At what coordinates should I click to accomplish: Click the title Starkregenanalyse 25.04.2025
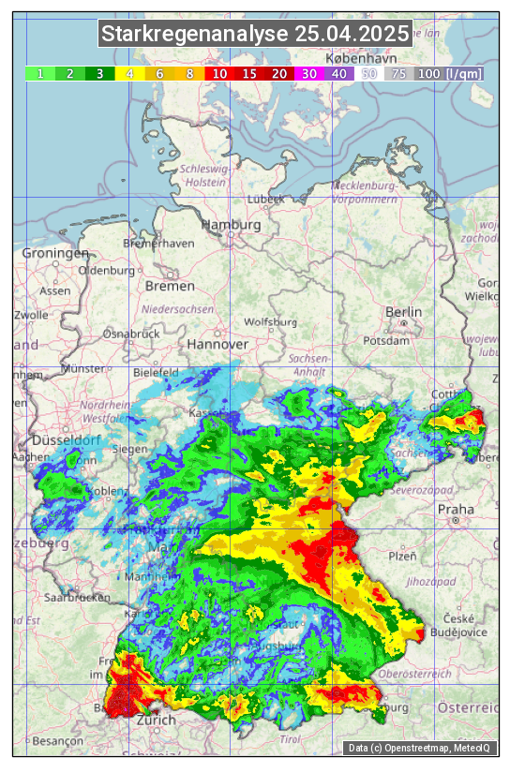pyautogui.click(x=255, y=35)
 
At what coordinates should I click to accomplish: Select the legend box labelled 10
pyautogui.click(x=218, y=73)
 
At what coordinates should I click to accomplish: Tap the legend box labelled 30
pyautogui.click(x=308, y=73)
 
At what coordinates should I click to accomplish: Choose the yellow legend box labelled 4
pyautogui.click(x=130, y=73)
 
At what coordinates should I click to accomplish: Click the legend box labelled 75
pyautogui.click(x=398, y=73)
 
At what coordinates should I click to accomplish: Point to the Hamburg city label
pyautogui.click(x=232, y=225)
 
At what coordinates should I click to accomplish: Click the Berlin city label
pyautogui.click(x=404, y=312)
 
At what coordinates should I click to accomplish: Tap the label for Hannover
pyautogui.click(x=217, y=344)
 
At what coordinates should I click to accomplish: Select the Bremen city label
pyautogui.click(x=170, y=286)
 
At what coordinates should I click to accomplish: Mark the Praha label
pyautogui.click(x=456, y=510)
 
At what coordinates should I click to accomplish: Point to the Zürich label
pyautogui.click(x=156, y=721)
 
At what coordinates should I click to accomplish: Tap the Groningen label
pyautogui.click(x=55, y=253)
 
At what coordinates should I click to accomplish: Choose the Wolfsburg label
pyautogui.click(x=270, y=322)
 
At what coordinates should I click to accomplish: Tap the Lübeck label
pyautogui.click(x=265, y=200)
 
